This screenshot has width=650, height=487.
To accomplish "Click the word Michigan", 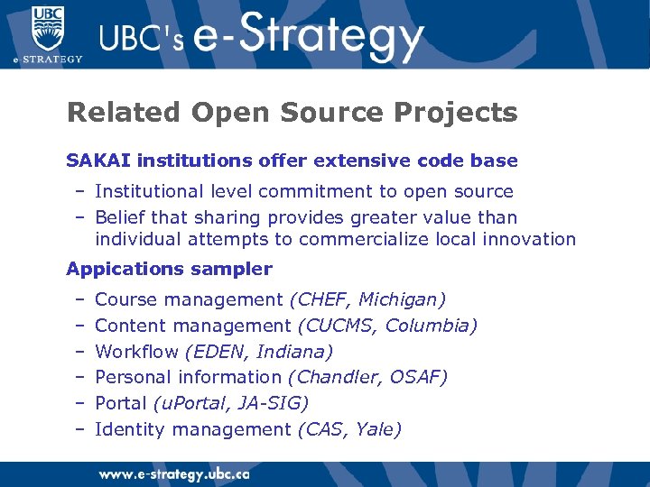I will click(405, 299).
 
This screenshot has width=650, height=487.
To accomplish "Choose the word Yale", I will click(378, 429).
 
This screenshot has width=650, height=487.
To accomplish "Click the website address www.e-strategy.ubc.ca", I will click(174, 474).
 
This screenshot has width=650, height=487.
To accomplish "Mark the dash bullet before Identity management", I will click(79, 429).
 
